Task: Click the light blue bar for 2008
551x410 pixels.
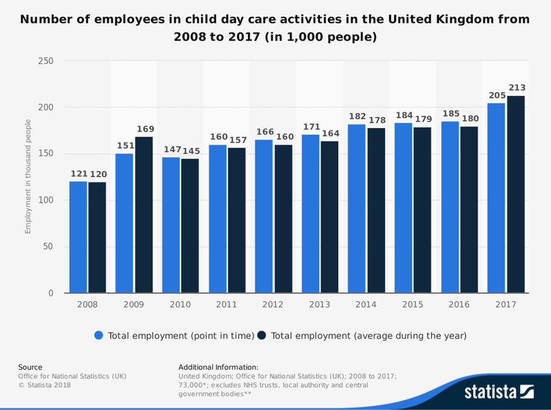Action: [x=78, y=237]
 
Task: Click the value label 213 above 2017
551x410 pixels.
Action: [x=516, y=88]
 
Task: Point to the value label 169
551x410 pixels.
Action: [x=144, y=129]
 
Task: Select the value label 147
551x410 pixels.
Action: [x=171, y=150]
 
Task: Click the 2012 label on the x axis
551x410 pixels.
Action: [x=273, y=305]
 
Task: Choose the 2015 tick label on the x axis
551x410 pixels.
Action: [x=413, y=305]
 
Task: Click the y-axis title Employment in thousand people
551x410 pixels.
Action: [x=28, y=176]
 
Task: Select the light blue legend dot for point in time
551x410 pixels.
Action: [x=99, y=336]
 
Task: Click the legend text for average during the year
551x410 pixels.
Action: [x=368, y=336]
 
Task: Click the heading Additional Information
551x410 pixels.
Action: [x=218, y=367]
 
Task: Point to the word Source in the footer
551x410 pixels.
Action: [x=30, y=367]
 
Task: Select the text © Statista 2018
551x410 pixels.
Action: [x=44, y=385]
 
